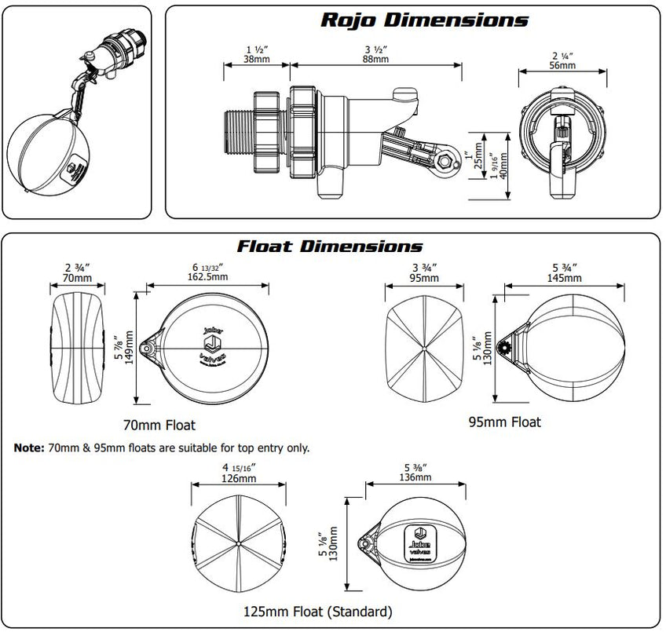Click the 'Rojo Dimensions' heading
tap(424, 20)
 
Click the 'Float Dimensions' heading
tap(331, 246)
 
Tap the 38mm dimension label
tap(258, 58)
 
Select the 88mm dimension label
tap(375, 58)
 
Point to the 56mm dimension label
tap(561, 65)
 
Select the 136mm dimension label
tap(415, 477)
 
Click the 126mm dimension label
tap(238, 477)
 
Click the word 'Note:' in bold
tap(30, 448)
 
